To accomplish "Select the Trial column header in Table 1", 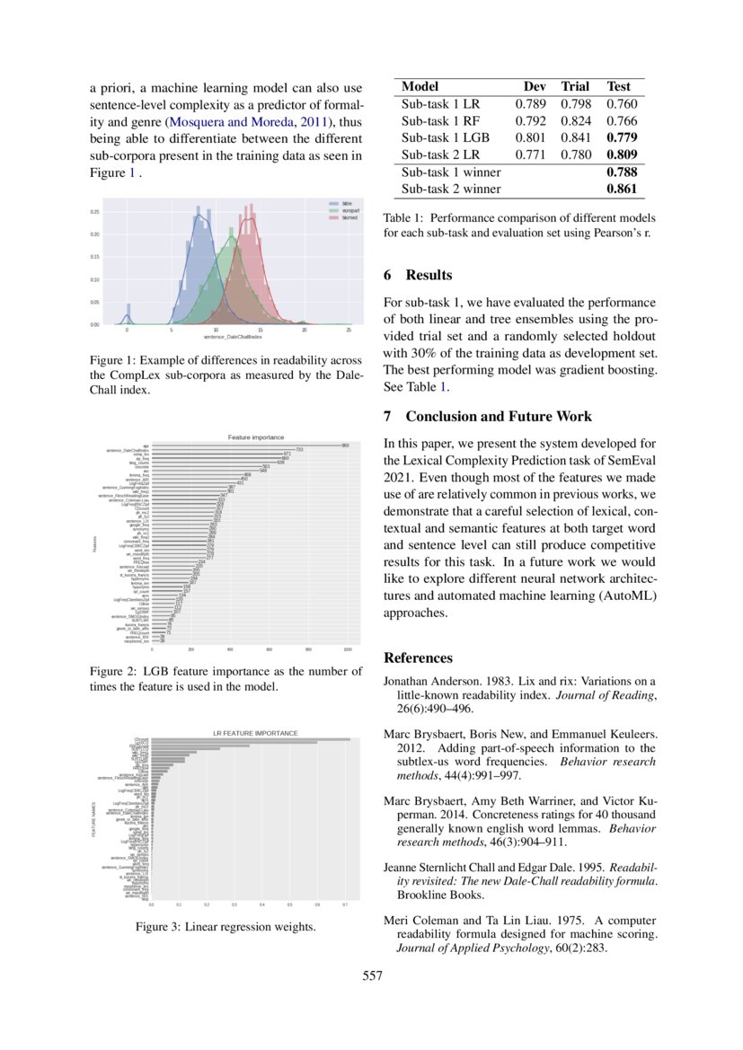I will [575, 86].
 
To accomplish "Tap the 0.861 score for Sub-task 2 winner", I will [621, 189].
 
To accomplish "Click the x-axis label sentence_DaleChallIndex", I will [233, 337].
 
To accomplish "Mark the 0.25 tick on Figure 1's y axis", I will [94, 212].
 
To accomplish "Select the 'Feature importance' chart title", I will [256, 437].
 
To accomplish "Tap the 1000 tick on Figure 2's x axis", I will [348, 648].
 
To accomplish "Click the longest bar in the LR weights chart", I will [251, 739].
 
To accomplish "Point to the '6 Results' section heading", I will [418, 275].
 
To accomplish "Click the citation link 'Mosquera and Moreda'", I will [233, 121].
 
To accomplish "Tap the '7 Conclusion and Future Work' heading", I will [488, 416].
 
